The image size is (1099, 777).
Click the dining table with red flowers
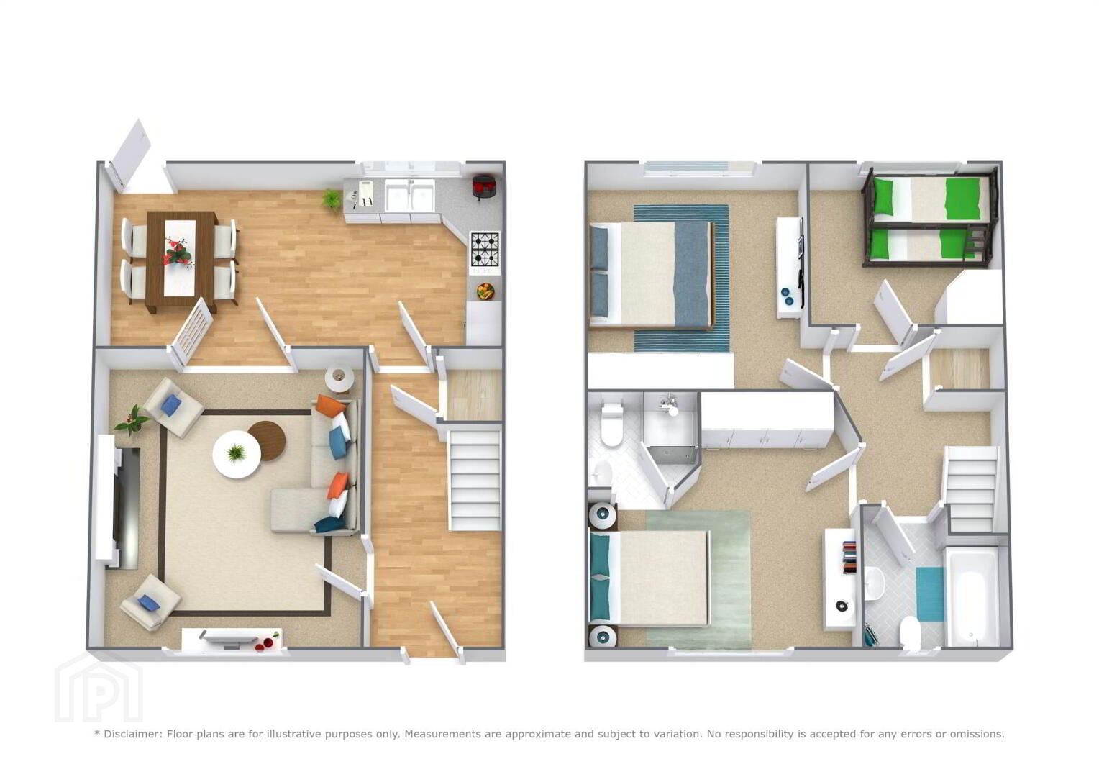click(x=181, y=260)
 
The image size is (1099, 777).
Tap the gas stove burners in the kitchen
click(x=485, y=249)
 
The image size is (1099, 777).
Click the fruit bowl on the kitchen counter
click(x=485, y=291)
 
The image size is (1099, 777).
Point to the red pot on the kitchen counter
click(x=483, y=187)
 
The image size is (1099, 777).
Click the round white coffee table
click(x=237, y=454)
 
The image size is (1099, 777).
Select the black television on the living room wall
click(x=127, y=508)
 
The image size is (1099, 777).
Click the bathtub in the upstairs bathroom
click(x=972, y=596)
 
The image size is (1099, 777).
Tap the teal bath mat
click(x=930, y=594)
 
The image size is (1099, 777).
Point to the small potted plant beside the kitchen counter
click(x=331, y=199)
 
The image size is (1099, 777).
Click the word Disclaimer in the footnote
click(x=132, y=734)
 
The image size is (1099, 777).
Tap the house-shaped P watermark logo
click(x=99, y=686)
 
